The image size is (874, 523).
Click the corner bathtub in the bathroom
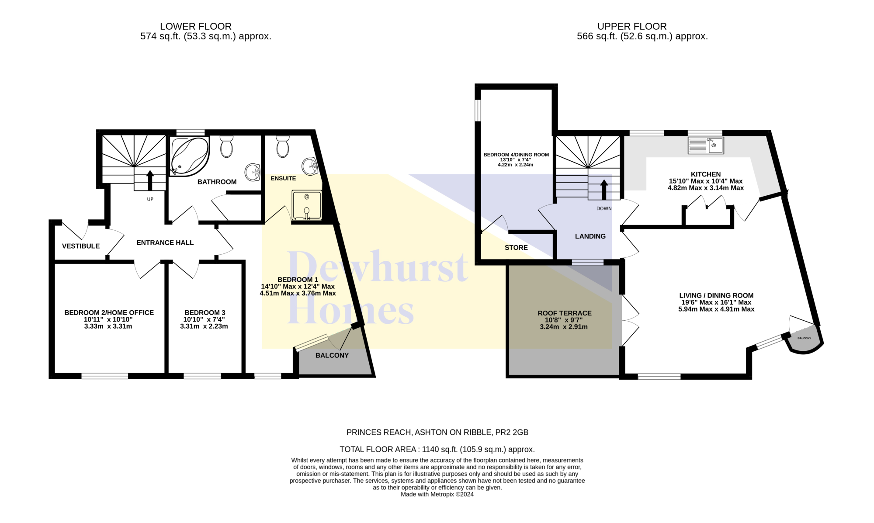click(x=189, y=156)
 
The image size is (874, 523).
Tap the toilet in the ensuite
click(x=283, y=146)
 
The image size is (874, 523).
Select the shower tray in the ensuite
click(x=307, y=205)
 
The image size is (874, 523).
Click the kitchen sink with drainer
click(x=706, y=145)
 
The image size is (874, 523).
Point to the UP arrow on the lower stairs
click(x=150, y=180)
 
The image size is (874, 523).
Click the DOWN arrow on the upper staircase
click(x=604, y=189)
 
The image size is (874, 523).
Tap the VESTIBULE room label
click(x=81, y=246)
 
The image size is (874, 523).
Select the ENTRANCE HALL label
click(x=165, y=242)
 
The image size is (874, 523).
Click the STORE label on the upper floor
click(x=516, y=247)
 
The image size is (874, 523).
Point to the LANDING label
click(x=590, y=236)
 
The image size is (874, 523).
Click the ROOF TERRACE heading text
click(x=565, y=313)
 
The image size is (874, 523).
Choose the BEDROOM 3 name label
click(x=205, y=312)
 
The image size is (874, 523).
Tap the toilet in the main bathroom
click(x=226, y=146)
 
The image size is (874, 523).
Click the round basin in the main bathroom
click(x=252, y=172)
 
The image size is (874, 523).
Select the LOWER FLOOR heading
click(x=196, y=26)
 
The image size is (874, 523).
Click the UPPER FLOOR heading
click(x=632, y=26)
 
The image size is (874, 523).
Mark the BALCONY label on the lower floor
click(x=332, y=355)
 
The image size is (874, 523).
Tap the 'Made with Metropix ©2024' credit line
click(x=437, y=494)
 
